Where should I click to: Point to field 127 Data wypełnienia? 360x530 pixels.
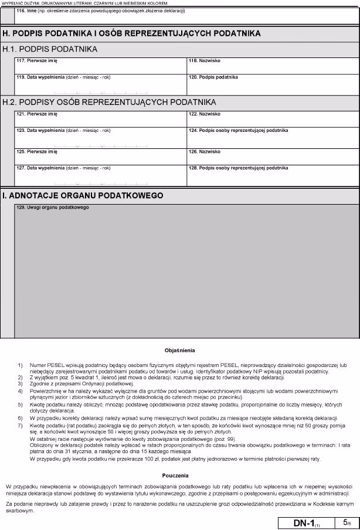tap(100, 176)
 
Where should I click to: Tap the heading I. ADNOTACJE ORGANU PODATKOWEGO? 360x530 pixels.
tap(83, 195)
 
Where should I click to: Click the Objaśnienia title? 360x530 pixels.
tap(179, 350)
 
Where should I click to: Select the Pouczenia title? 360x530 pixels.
tap(179, 475)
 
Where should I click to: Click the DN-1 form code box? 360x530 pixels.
tap(305, 522)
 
